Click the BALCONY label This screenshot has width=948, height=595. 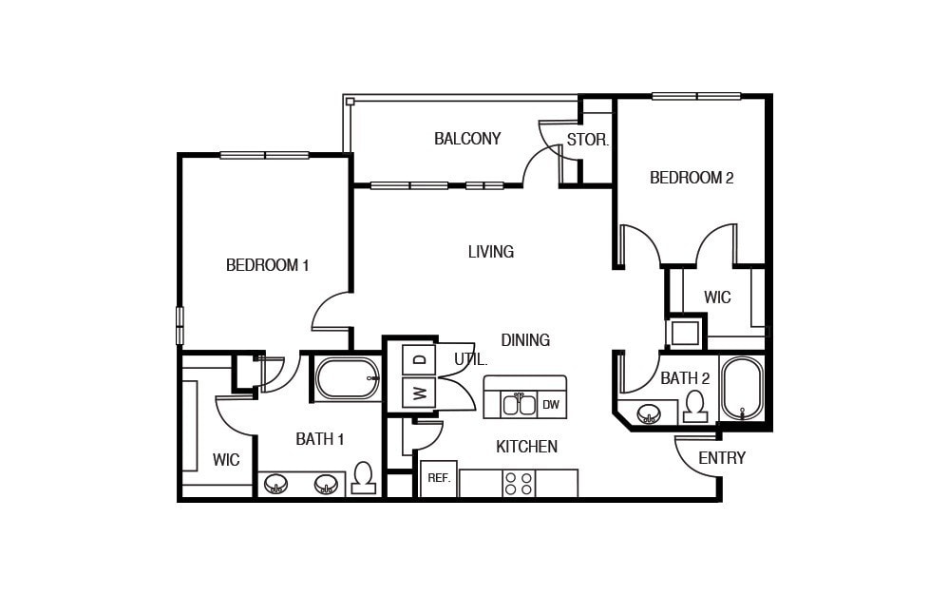467,139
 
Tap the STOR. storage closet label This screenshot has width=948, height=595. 587,140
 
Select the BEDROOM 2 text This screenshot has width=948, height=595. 692,178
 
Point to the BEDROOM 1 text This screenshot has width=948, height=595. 267,265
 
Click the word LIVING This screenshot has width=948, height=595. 491,252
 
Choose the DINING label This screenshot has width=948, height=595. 525,340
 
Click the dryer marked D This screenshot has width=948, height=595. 419,360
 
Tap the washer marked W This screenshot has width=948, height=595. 419,393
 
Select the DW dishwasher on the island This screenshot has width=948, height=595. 551,405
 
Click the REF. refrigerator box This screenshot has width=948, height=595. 439,478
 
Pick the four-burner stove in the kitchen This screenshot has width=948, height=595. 519,484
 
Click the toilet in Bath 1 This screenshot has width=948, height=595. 363,478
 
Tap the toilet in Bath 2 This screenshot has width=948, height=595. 695,406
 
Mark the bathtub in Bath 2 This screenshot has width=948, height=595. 742,389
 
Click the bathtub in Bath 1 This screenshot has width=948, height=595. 348,378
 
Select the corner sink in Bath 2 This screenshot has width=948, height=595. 650,413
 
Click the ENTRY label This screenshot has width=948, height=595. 722,458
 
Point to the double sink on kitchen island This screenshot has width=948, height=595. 519,404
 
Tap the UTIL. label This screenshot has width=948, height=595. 471,360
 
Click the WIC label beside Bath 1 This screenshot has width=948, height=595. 226,460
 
